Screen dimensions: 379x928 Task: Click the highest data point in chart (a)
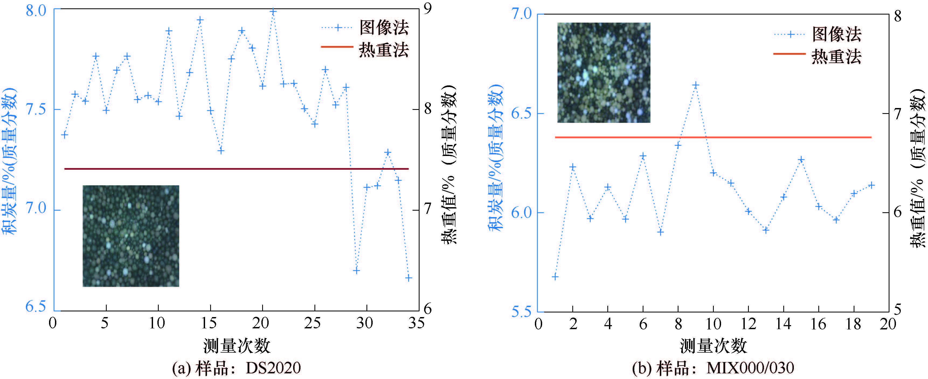pos(273,12)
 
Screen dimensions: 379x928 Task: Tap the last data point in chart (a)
pos(408,278)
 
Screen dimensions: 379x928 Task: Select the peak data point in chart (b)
pos(696,85)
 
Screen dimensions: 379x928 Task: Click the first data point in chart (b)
pos(555,277)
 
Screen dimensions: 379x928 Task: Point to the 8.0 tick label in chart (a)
pos(36,11)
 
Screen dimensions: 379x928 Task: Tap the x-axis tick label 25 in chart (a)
pos(312,323)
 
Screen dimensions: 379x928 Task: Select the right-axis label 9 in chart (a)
pos(428,9)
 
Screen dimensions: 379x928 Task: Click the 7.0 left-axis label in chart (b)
pos(521,14)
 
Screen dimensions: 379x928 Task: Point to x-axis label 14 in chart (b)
pos(784,324)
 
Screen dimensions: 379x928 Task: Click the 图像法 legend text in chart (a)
pos(384,27)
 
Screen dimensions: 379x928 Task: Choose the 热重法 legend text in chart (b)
pos(836,57)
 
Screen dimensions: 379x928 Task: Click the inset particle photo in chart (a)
pos(131,236)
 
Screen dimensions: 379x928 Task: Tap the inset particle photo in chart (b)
pos(604,72)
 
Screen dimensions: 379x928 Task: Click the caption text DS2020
pos(273,368)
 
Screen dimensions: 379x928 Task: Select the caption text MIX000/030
pos(750,368)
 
